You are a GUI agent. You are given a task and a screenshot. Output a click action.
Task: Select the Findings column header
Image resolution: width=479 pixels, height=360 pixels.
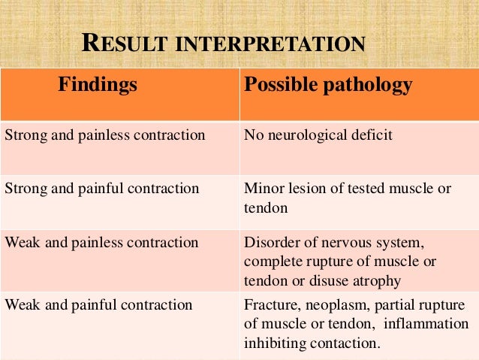coord(98,85)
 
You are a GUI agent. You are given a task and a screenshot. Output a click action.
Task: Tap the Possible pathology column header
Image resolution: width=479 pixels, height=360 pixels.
coord(328,85)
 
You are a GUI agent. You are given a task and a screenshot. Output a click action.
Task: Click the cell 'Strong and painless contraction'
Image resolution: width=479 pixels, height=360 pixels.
coord(105,136)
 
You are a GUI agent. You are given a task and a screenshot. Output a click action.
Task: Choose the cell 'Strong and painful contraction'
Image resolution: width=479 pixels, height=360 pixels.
coord(102,189)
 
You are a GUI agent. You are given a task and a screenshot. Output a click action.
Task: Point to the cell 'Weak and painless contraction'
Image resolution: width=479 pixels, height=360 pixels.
coord(101,243)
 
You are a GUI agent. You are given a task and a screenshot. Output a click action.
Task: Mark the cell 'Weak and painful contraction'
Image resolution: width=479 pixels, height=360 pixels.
coord(98,305)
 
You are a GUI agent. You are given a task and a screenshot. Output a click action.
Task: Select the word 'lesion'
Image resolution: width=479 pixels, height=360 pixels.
coord(305,189)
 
